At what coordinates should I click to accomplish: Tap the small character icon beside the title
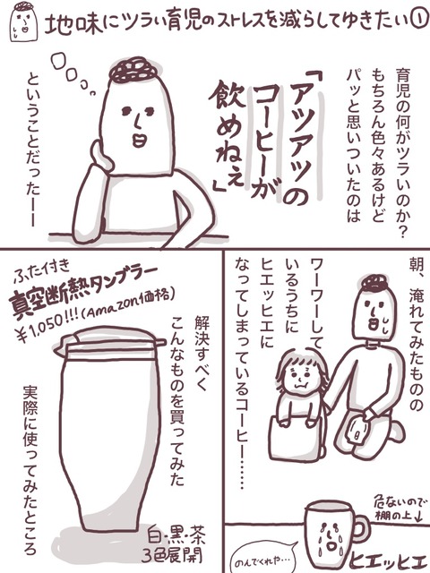pyautogui.click(x=24, y=21)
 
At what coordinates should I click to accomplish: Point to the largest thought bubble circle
pyautogui.click(x=61, y=62)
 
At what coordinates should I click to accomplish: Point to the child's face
pyautogui.click(x=301, y=375)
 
